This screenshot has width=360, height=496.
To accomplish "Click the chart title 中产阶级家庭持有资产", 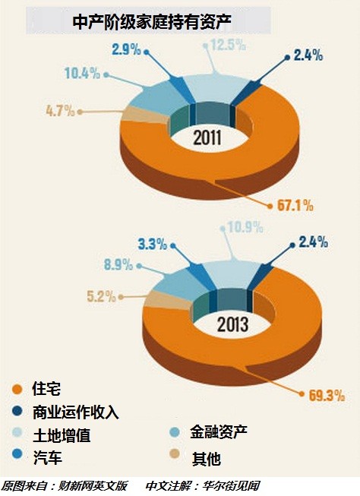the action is pos(152,22).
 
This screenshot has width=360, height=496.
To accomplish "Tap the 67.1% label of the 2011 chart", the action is pos(295,206).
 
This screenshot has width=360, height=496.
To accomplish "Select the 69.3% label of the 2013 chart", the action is pos(327,395).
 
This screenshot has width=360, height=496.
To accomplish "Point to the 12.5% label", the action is pos(228,45).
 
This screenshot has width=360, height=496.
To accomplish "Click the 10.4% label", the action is pos(82,74).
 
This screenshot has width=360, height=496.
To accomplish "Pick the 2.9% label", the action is pos(126,49).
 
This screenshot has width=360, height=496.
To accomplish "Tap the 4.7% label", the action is pos(60,111).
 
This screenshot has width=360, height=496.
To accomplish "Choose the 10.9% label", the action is pos(245,227).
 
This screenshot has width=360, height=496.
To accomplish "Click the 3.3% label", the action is pos(152,244).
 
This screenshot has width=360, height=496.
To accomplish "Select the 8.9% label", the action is pos(118,264).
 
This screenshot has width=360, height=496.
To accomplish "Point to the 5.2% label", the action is pos(101,296).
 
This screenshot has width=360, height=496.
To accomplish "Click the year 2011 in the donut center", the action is pos(207,138).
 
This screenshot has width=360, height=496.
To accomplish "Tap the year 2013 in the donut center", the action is pos(232,324).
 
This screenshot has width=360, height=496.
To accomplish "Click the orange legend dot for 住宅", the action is pos(17,389).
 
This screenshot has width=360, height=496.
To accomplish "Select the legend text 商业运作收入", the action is pos(76,412).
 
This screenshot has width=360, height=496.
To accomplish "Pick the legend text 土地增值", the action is pos(62,434).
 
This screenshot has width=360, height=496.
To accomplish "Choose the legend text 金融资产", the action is pos(219,431).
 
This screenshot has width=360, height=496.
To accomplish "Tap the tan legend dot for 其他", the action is pos(175,454).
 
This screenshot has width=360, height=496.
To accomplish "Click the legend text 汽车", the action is pos(47,457).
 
